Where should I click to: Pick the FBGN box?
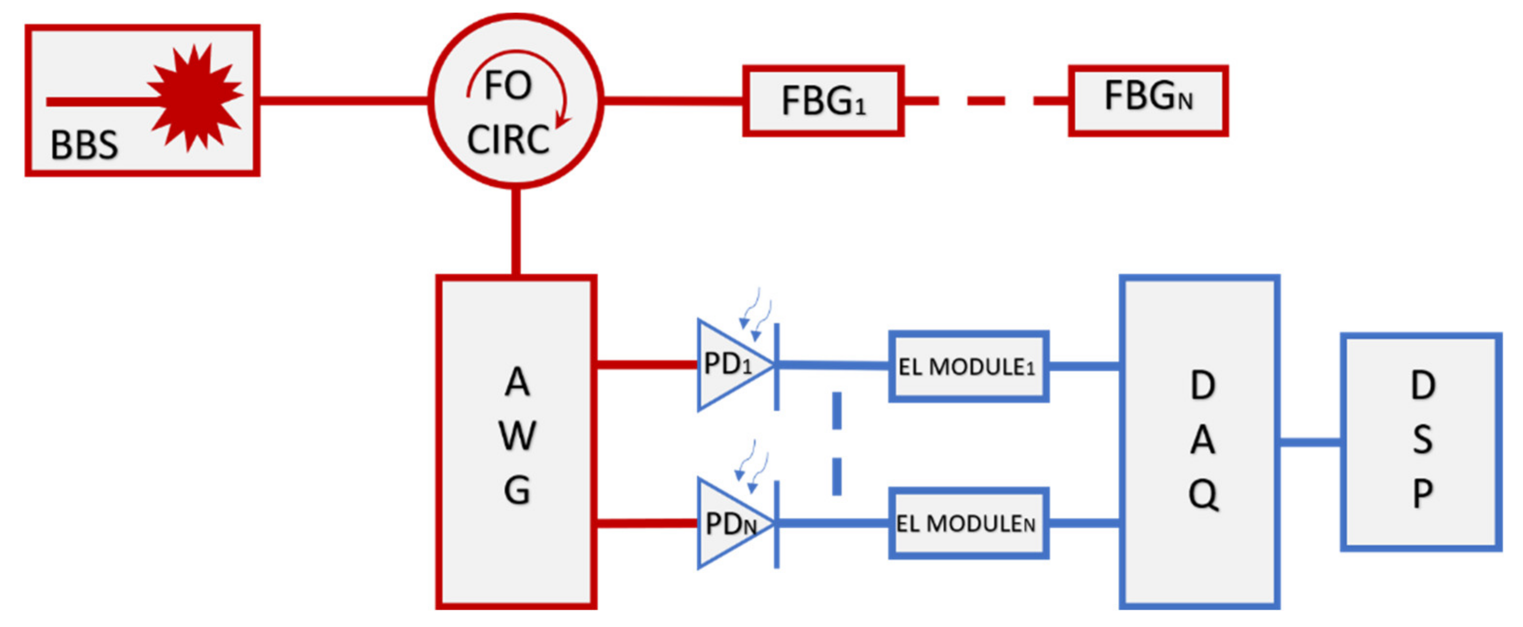(x=1148, y=100)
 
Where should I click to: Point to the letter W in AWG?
(x=517, y=437)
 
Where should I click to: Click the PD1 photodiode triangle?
(x=730, y=364)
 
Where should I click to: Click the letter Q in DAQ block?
(x=1203, y=494)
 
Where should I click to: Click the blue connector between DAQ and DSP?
(x=1310, y=442)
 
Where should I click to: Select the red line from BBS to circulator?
(x=343, y=100)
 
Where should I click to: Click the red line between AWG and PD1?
(x=647, y=364)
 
